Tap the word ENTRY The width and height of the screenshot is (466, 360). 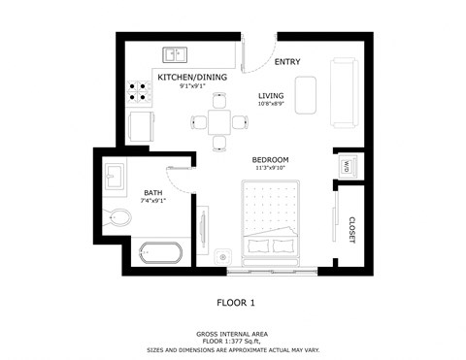[x=287, y=62]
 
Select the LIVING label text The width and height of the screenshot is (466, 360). [x=271, y=95]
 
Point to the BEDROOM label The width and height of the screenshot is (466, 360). [x=271, y=159]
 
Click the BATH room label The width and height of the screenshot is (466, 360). [x=153, y=192]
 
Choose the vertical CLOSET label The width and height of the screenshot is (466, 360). [x=350, y=229]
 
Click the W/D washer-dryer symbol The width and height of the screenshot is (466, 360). [x=345, y=166]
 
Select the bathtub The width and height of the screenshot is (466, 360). [x=160, y=254]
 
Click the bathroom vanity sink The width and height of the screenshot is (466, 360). [x=115, y=177]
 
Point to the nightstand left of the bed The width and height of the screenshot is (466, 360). [x=223, y=256]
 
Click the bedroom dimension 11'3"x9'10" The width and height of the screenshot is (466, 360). [x=271, y=168]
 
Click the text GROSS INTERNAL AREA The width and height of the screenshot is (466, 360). [x=233, y=331]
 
